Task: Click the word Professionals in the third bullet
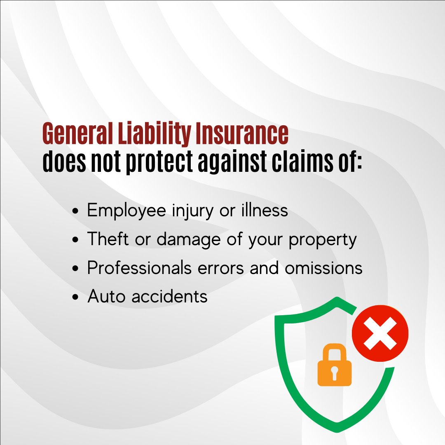click(x=139, y=268)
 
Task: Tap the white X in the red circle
click(x=380, y=333)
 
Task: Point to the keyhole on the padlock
click(x=334, y=372)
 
